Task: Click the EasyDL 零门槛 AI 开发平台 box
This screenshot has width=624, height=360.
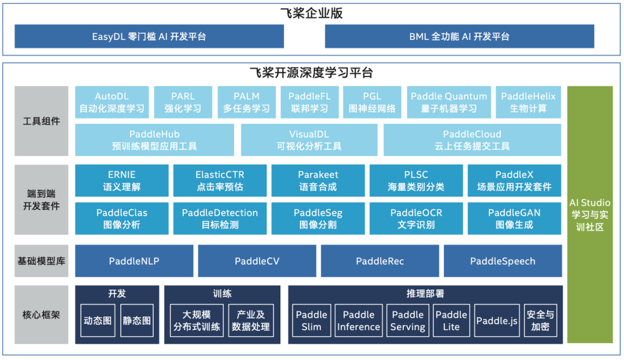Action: click(149, 36)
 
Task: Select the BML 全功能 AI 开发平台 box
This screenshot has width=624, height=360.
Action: click(459, 36)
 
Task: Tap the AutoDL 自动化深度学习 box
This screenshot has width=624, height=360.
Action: click(112, 102)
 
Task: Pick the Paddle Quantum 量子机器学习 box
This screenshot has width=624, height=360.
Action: click(449, 102)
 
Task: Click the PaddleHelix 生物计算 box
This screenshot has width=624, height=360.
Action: click(528, 102)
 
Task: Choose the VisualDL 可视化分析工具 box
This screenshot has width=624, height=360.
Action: click(309, 140)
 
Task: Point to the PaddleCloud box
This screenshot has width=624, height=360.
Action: click(472, 140)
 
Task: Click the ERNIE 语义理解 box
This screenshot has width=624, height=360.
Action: click(122, 180)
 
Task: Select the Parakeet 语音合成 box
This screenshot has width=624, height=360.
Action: click(318, 180)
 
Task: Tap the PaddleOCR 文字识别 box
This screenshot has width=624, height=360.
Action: click(416, 218)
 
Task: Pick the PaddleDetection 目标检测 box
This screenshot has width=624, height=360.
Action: click(220, 218)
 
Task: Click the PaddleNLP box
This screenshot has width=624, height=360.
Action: click(134, 261)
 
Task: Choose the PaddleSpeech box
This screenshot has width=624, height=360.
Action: click(503, 261)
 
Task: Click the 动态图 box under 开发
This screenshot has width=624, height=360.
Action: click(98, 320)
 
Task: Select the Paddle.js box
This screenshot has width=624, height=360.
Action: click(496, 321)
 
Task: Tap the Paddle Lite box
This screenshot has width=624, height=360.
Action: click(451, 321)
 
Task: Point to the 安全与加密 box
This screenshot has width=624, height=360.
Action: click(540, 321)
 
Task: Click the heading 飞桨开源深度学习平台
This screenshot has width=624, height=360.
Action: click(311, 73)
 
